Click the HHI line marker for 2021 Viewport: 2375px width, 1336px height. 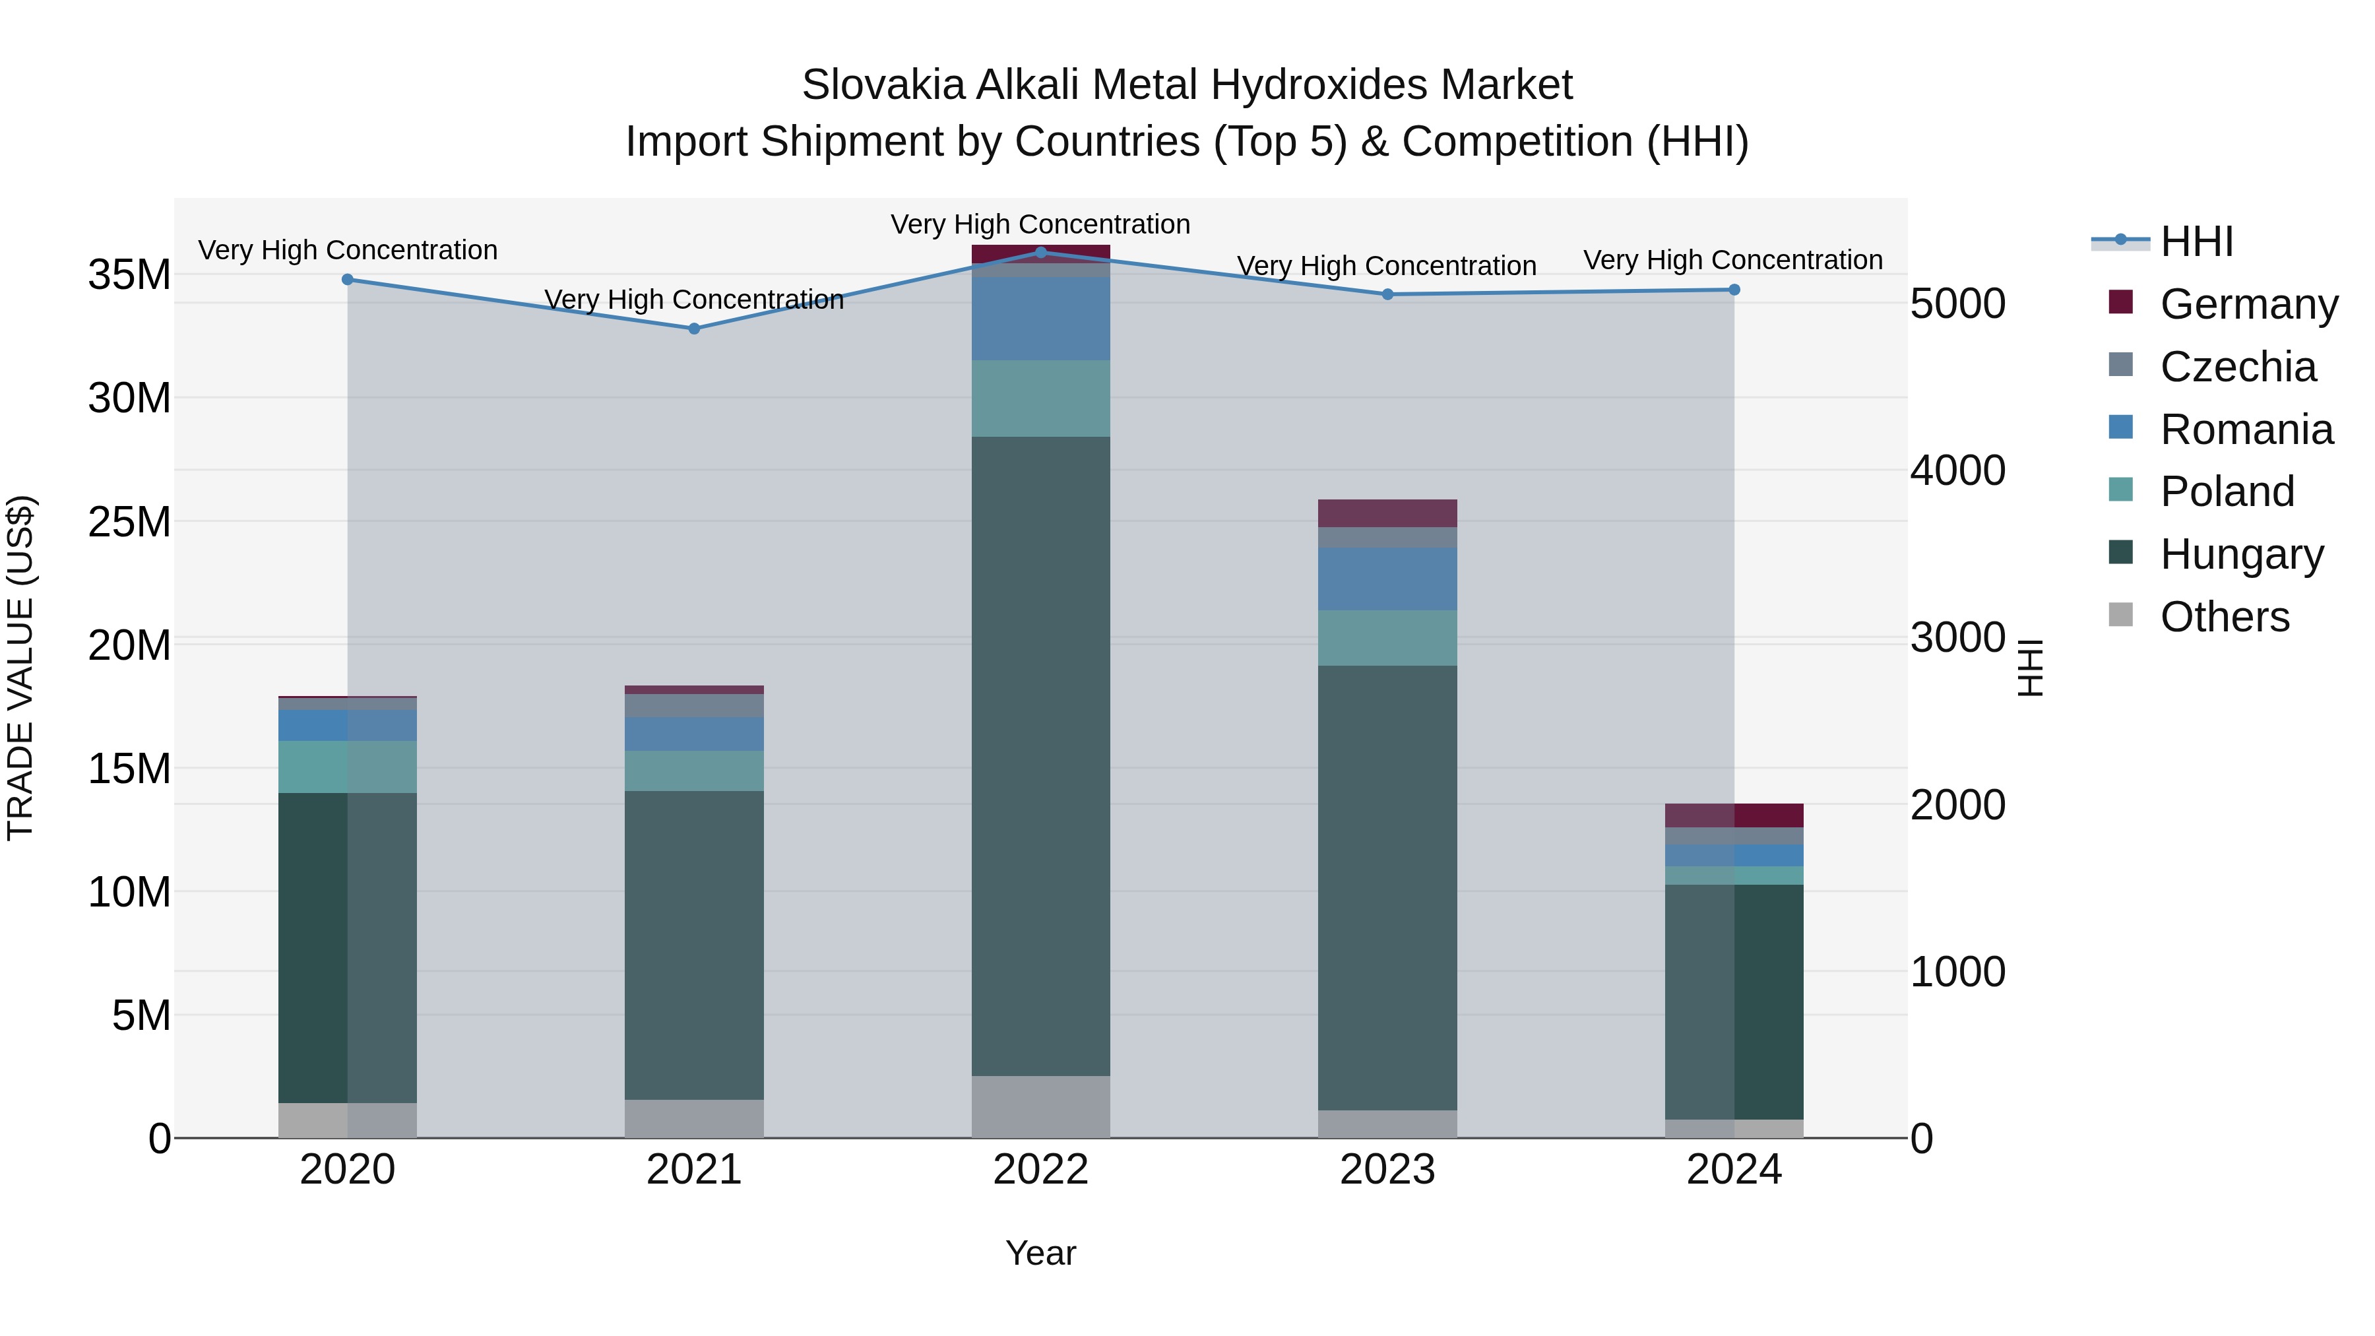[x=694, y=329]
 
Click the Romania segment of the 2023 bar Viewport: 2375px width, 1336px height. [x=1387, y=579]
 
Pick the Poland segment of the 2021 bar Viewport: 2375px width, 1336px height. [x=694, y=771]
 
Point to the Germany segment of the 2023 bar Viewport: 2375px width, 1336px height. [x=1387, y=513]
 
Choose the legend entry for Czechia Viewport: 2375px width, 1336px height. [x=2238, y=367]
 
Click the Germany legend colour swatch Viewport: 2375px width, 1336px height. [x=2120, y=302]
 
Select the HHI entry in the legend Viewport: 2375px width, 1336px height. [x=2196, y=241]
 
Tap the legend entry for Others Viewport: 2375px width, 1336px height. [x=2224, y=617]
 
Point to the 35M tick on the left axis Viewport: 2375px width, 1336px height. [x=129, y=274]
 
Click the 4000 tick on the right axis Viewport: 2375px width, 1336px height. [x=1957, y=470]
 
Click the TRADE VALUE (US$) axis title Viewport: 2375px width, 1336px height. [x=21, y=668]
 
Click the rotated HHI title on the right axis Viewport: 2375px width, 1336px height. [x=2030, y=668]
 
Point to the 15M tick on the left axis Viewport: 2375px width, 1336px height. [x=129, y=769]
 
